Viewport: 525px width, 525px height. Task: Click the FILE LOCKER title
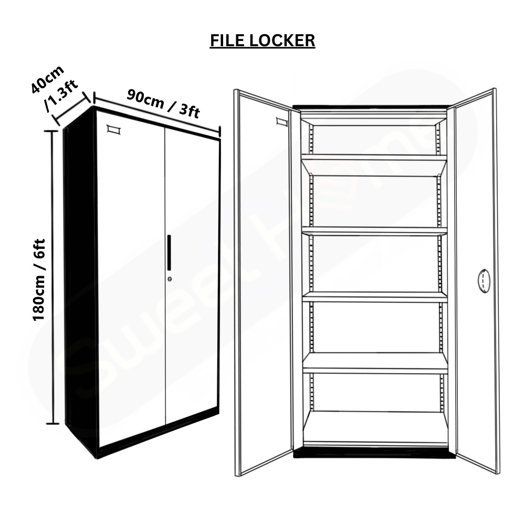[262, 40]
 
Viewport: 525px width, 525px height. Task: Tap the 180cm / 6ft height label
[39, 280]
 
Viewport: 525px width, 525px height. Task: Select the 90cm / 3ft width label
[163, 104]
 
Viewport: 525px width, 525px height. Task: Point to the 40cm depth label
[48, 79]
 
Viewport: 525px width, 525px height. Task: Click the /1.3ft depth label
[61, 96]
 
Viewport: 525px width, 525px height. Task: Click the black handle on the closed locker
[170, 253]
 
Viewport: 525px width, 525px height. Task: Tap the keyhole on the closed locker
[170, 279]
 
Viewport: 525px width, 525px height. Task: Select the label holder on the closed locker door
[114, 130]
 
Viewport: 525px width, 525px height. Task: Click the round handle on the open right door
[484, 280]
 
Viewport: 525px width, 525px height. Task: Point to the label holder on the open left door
[282, 122]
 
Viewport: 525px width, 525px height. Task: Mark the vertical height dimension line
[52, 277]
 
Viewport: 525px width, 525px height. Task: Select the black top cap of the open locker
[370, 107]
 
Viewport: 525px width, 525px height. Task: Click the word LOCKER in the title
[282, 40]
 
